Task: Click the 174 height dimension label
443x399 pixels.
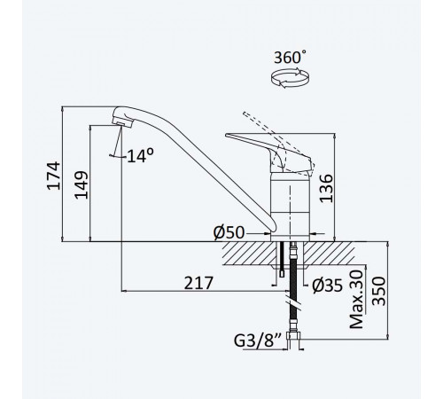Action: coord(54,176)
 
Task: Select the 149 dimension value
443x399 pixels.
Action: coord(81,184)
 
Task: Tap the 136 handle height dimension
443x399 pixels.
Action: coord(326,188)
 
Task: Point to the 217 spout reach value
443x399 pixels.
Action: coord(198,283)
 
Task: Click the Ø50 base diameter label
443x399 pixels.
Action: coord(229,232)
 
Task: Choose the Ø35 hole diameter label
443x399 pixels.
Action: coord(327,286)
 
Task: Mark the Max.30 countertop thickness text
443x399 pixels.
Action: coord(356,299)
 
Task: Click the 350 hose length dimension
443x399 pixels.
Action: coord(379,291)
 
